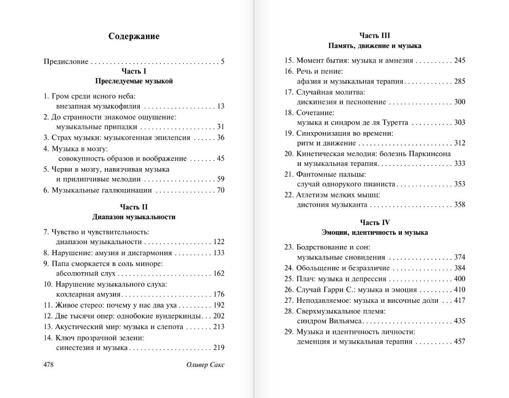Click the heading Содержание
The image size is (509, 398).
tap(133, 36)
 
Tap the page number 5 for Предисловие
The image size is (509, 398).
tap(222, 62)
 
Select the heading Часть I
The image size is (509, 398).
tap(133, 71)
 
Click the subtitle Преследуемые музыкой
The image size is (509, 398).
tap(133, 81)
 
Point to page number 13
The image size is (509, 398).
tap(221, 106)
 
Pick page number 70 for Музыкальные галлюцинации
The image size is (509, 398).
tap(220, 190)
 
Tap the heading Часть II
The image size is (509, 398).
tap(133, 207)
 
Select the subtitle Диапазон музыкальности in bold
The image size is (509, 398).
tap(133, 217)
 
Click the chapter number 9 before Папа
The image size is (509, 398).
tap(45, 264)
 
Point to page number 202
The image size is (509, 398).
tap(218, 316)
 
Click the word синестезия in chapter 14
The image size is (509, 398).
tap(73, 348)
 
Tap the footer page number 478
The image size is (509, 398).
tap(48, 365)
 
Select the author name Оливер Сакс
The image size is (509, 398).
tap(205, 365)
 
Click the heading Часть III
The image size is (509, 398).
tap(375, 36)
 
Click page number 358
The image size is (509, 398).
tap(460, 205)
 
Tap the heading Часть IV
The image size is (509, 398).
tap(375, 222)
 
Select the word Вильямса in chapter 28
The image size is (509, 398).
tap(344, 321)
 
